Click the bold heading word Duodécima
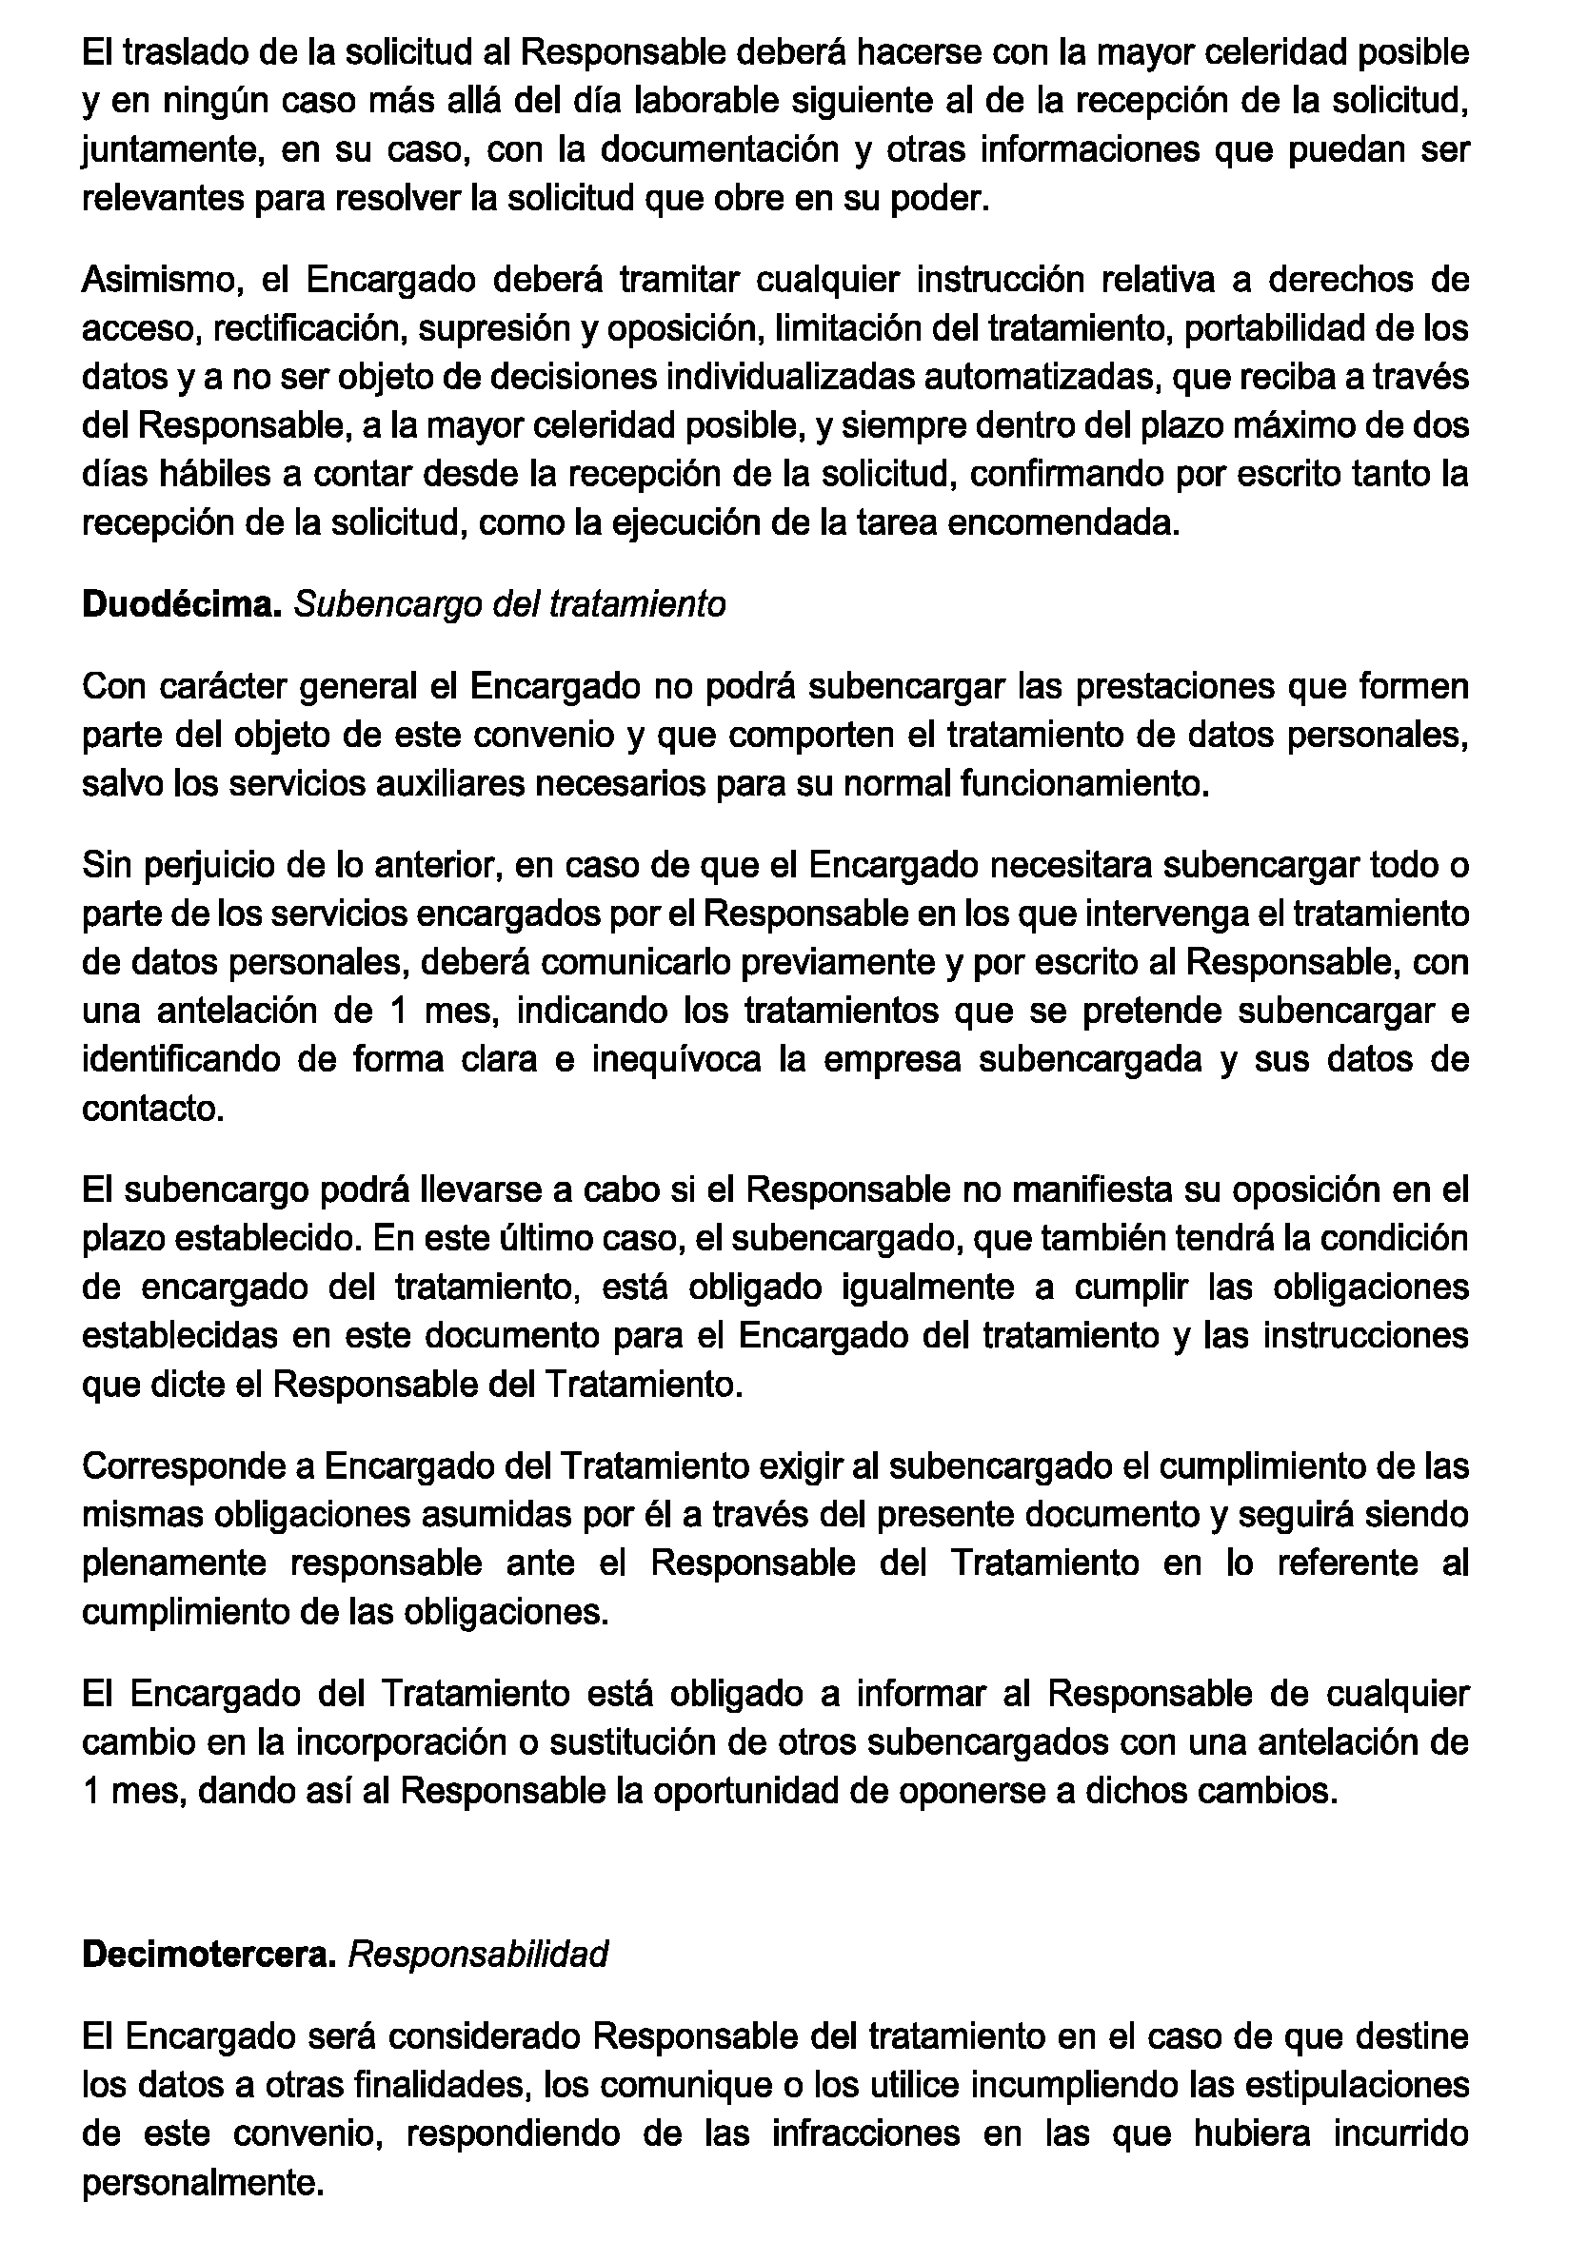pyautogui.click(x=182, y=603)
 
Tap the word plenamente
pyautogui.click(x=173, y=1563)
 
